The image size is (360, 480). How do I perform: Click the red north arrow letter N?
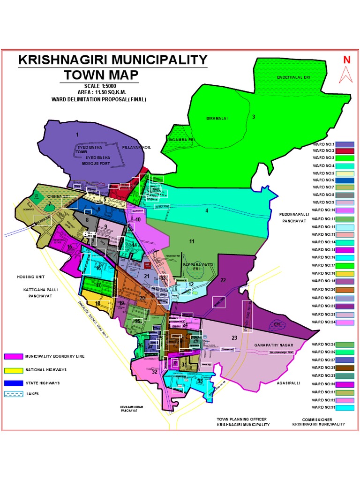[347, 60]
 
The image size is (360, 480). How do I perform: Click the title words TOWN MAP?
[101, 75]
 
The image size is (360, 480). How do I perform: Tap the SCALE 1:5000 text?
[100, 86]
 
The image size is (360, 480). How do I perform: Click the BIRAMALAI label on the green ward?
[217, 118]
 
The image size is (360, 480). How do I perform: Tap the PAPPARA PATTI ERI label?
[198, 267]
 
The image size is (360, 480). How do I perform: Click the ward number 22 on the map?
[223, 280]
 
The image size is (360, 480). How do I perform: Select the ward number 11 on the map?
[192, 241]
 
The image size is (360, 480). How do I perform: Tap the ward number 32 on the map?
[155, 371]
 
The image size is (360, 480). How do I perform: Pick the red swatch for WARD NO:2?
[345, 151]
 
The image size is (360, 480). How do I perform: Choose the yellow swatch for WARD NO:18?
[345, 273]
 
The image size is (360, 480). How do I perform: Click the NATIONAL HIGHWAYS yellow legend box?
[13, 370]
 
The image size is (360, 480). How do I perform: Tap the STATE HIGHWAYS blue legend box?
[13, 383]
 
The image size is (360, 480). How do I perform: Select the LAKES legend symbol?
[13, 394]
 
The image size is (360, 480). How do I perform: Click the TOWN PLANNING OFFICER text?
[241, 419]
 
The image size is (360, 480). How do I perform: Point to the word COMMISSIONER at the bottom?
[317, 419]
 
